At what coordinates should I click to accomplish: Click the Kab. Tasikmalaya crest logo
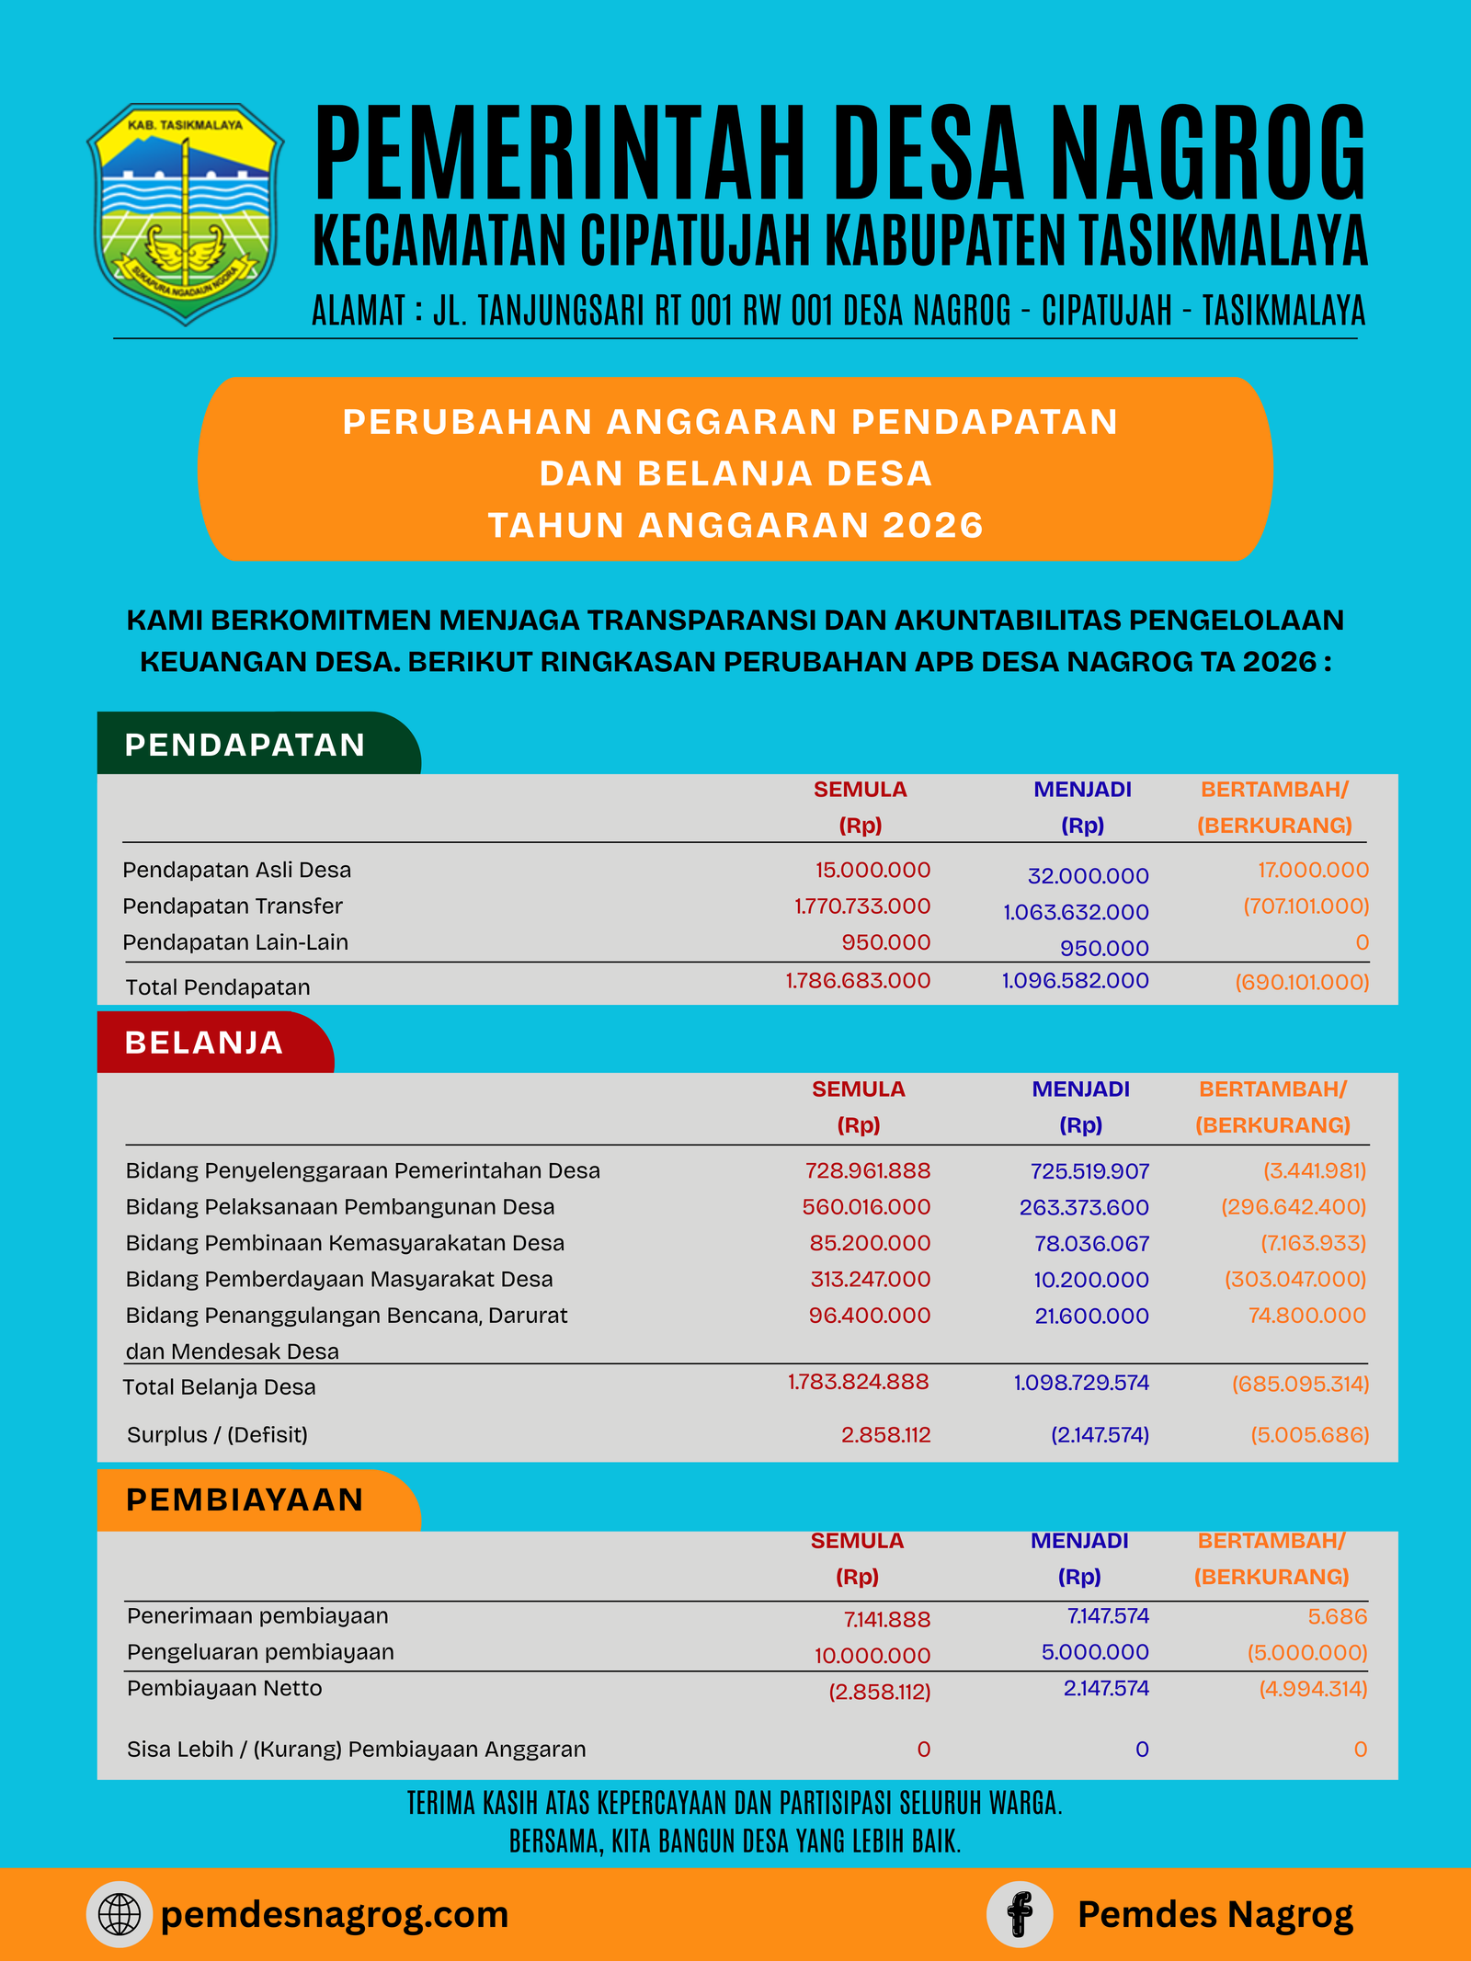[x=185, y=213]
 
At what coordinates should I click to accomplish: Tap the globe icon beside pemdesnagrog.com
[x=120, y=1914]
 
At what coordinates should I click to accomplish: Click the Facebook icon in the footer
[x=1020, y=1914]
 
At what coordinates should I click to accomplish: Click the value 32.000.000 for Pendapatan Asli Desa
[x=1088, y=876]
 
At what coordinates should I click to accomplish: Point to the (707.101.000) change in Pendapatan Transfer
[x=1306, y=906]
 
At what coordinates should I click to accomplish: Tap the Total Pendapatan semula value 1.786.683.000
[x=858, y=981]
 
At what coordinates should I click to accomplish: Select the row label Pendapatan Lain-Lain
[x=235, y=942]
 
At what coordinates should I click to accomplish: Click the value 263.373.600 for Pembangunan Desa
[x=1084, y=1207]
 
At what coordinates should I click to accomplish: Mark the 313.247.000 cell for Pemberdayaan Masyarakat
[x=870, y=1279]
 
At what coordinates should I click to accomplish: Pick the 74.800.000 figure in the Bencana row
[x=1306, y=1316]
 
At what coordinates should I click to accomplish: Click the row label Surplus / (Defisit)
[x=217, y=1434]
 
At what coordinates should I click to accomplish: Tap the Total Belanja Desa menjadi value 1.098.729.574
[x=1081, y=1383]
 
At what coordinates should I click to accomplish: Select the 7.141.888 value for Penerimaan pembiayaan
[x=887, y=1619]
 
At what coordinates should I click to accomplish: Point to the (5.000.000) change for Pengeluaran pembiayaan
[x=1306, y=1652]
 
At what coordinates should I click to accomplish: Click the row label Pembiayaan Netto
[x=224, y=1688]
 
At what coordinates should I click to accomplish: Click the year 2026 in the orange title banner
[x=932, y=525]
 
